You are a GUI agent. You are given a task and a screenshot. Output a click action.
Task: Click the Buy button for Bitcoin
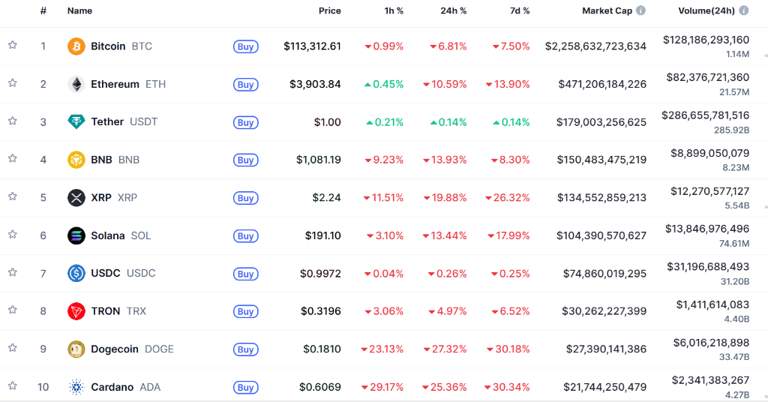pos(245,46)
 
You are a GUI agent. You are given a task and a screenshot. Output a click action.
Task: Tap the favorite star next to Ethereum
pos(13,83)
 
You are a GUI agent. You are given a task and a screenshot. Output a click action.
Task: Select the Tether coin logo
pos(76,121)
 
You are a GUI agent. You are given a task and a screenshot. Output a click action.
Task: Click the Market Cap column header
pos(607,11)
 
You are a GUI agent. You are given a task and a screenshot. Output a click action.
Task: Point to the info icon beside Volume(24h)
pos(744,11)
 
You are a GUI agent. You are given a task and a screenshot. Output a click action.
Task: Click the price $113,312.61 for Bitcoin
pos(312,46)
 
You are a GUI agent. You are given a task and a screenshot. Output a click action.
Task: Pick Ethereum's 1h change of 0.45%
pos(384,84)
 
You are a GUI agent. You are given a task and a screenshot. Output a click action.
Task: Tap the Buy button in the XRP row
pos(245,198)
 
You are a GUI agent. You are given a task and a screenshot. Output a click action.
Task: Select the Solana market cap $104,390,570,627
pos(601,235)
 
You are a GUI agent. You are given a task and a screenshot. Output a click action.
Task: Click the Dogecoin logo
pos(76,349)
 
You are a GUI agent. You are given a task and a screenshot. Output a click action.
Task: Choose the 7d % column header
pos(515,11)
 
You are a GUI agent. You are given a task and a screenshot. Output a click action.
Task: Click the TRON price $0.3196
pos(321,311)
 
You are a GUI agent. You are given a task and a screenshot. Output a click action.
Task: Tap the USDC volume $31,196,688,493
pos(708,267)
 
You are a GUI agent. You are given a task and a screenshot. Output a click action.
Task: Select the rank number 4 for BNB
pos(43,160)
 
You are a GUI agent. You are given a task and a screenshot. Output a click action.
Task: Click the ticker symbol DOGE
pos(159,349)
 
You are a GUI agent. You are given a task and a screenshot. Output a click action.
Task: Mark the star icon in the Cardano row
pos(13,386)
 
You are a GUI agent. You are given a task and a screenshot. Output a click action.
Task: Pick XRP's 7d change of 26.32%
pos(511,198)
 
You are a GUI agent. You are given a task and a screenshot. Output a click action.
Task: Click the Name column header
pos(79,11)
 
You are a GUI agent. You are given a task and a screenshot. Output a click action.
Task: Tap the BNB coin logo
pos(76,160)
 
